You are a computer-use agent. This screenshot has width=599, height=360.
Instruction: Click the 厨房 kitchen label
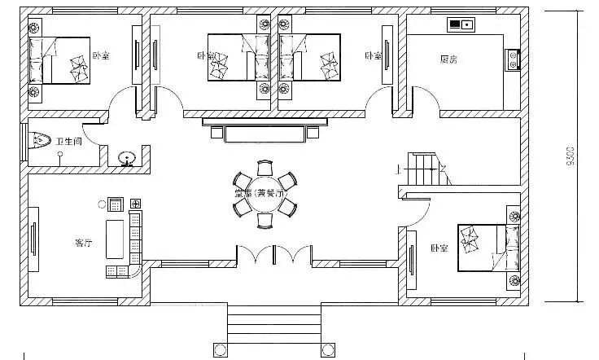[448, 59]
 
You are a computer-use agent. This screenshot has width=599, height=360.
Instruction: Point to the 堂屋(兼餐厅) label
[257, 193]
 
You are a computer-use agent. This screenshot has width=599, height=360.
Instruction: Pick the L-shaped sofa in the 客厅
[133, 244]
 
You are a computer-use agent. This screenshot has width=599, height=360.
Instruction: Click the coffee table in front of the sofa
[113, 237]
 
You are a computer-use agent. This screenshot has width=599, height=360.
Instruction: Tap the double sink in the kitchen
[461, 24]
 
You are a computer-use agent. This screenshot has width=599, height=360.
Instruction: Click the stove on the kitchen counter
[513, 59]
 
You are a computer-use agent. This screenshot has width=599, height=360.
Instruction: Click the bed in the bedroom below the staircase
[485, 247]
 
